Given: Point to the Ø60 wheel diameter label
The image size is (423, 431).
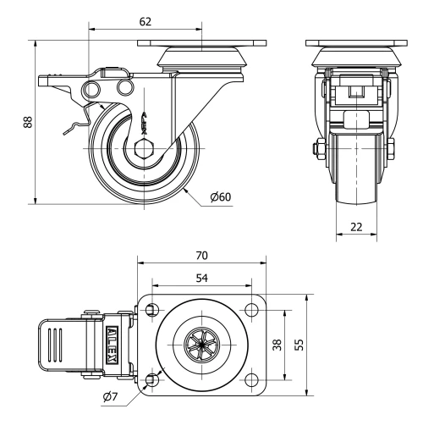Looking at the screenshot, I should [x=222, y=198].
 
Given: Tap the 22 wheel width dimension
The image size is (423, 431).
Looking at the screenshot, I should [x=356, y=226].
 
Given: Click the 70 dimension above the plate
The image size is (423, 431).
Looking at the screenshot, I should [x=201, y=255].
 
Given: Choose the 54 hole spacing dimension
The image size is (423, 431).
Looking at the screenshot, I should [x=201, y=278].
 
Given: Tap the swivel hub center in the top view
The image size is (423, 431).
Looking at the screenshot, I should [x=201, y=345].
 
